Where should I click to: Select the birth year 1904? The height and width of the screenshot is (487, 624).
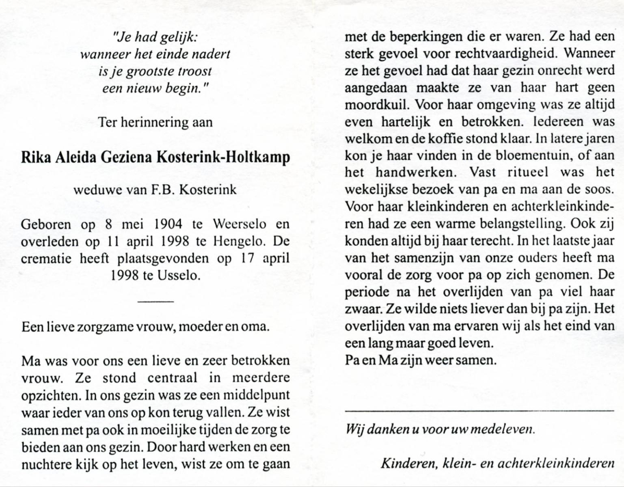point(168,224)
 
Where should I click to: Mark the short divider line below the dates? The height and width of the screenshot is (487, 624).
point(156,301)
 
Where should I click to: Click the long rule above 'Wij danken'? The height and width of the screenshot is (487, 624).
point(479,412)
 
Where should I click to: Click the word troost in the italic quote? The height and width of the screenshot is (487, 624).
point(192,71)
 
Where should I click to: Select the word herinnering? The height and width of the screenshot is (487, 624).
point(155,122)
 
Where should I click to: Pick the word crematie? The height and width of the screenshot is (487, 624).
point(46,259)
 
